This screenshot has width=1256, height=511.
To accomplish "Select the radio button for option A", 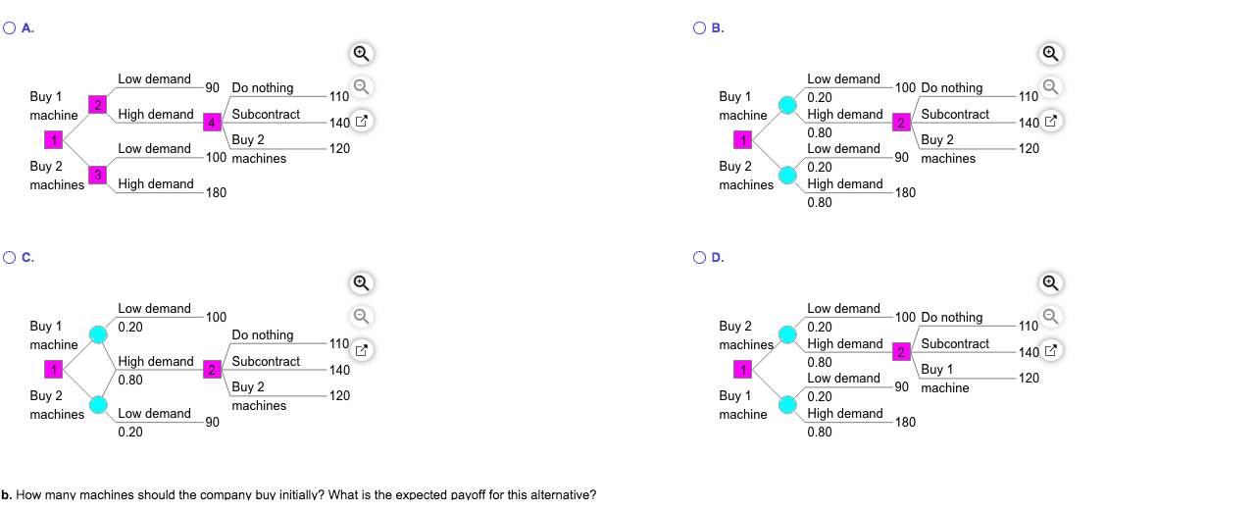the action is click(x=10, y=28).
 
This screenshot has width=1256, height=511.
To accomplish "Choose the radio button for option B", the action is click(x=699, y=28).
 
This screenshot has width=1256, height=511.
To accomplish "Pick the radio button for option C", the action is click(x=10, y=258).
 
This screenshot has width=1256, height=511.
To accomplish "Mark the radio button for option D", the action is click(x=699, y=258).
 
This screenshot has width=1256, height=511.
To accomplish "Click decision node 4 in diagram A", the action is click(x=212, y=123).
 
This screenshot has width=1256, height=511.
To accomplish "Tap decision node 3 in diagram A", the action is click(x=98, y=175).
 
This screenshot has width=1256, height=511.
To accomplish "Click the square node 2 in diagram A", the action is click(x=98, y=105).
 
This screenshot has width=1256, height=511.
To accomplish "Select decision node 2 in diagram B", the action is click(x=901, y=123).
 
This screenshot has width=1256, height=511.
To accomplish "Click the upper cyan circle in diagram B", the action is click(x=787, y=105).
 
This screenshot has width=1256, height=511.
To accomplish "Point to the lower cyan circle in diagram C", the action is click(x=98, y=404).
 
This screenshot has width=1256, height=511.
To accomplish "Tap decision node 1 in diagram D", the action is click(x=743, y=370).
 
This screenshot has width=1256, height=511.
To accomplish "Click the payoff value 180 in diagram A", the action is click(x=216, y=193).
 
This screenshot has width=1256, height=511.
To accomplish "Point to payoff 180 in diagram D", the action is click(x=905, y=423).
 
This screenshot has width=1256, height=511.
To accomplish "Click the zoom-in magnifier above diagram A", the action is click(x=362, y=54).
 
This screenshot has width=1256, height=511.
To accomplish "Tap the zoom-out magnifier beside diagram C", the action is click(x=362, y=317).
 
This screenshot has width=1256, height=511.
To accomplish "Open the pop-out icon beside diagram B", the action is click(x=1051, y=121).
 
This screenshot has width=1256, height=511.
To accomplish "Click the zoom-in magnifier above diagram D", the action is click(x=1051, y=283).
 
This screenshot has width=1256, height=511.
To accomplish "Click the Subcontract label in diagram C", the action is click(x=266, y=362).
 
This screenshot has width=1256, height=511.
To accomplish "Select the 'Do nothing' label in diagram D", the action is click(x=952, y=318).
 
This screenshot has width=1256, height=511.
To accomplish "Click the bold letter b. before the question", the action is click(x=6, y=494).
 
